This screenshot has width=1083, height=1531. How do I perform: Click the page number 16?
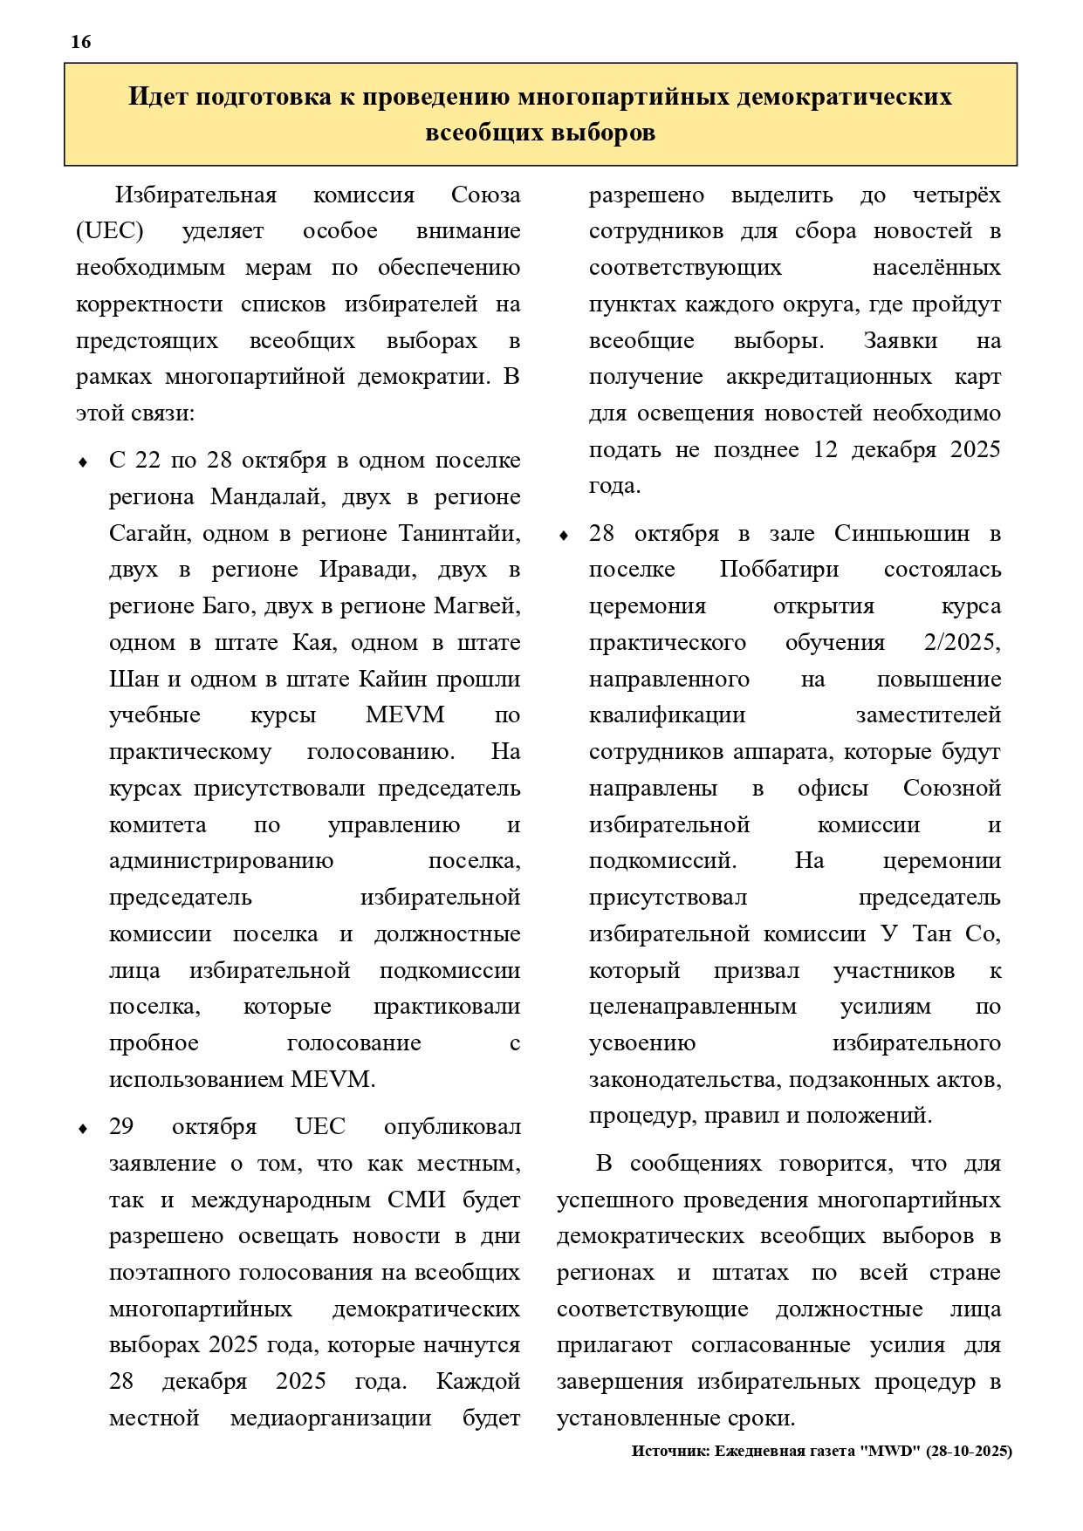(80, 42)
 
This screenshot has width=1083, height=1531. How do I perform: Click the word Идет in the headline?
(158, 96)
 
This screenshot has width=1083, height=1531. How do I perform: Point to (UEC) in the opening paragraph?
(110, 231)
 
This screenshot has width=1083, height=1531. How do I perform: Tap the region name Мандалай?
(266, 497)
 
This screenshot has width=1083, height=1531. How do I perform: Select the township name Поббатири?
(779, 571)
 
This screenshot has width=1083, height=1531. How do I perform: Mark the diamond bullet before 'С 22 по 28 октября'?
(83, 462)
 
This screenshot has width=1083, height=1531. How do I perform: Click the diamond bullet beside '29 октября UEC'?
(83, 1129)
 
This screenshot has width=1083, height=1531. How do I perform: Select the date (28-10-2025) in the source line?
(970, 1452)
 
